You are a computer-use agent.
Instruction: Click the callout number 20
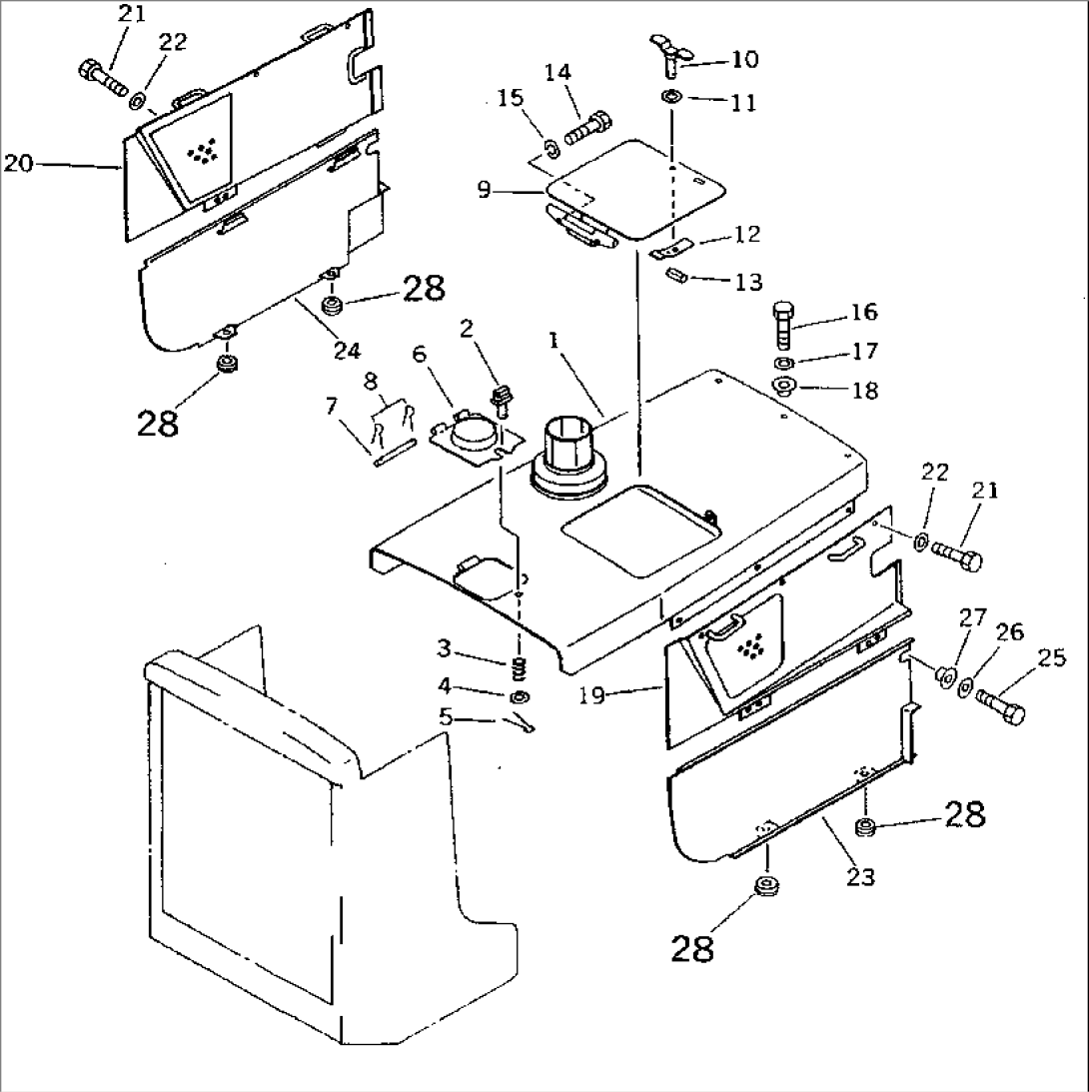pos(18,164)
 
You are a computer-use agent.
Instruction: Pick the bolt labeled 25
pos(1000,702)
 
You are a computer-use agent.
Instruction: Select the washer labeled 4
pos(520,696)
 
